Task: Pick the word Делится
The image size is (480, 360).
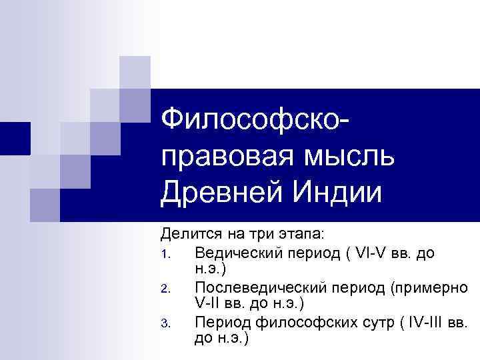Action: coord(187,236)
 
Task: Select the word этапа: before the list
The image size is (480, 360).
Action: coord(300,236)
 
